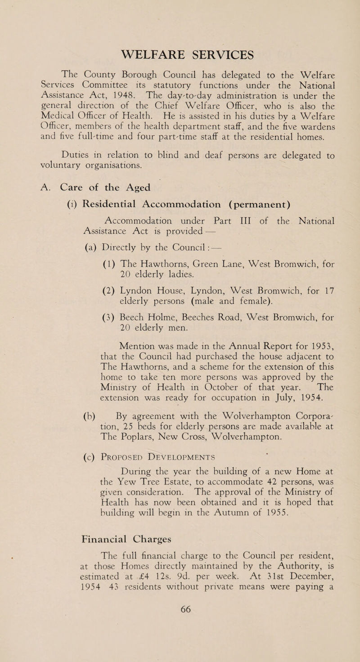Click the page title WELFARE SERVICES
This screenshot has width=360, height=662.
(x=180, y=53)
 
